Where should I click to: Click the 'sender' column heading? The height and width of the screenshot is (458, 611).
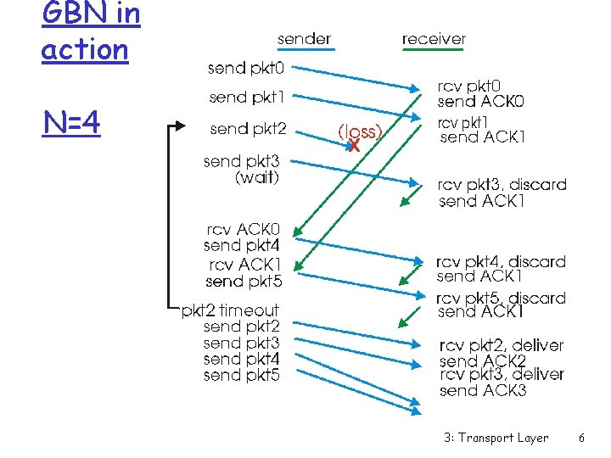304,38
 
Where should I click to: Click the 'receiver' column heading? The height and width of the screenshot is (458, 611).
434,38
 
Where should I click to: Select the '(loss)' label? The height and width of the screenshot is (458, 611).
361,131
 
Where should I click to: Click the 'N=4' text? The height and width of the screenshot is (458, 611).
71,124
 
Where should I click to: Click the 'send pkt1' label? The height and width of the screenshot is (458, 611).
247,98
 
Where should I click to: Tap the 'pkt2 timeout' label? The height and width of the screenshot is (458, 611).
230,310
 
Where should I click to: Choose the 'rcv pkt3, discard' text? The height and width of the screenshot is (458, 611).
502,185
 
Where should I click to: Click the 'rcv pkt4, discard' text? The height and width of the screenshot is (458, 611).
501,261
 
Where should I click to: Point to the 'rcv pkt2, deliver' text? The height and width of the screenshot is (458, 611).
501,345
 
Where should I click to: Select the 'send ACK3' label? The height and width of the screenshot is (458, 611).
483,391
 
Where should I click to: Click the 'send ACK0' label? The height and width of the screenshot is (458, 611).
481,102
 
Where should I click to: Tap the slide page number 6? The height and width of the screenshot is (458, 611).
581,438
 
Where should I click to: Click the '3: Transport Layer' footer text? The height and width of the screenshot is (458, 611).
496,438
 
